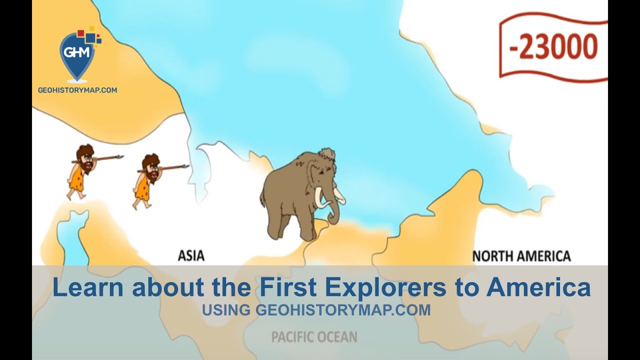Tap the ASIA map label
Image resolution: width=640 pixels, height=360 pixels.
pyautogui.click(x=191, y=256)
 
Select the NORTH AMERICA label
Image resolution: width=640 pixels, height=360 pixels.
pyautogui.click(x=521, y=256)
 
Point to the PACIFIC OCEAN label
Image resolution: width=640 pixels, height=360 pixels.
pyautogui.click(x=314, y=337)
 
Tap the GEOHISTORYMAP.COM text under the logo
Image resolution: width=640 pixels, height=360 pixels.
pyautogui.click(x=77, y=90)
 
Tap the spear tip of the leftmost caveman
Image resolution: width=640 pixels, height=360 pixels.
pyautogui.click(x=119, y=157)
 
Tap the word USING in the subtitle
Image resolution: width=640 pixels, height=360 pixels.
pyautogui.click(x=226, y=310)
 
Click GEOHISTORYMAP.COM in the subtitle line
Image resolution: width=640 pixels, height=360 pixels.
pyautogui.click(x=343, y=310)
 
